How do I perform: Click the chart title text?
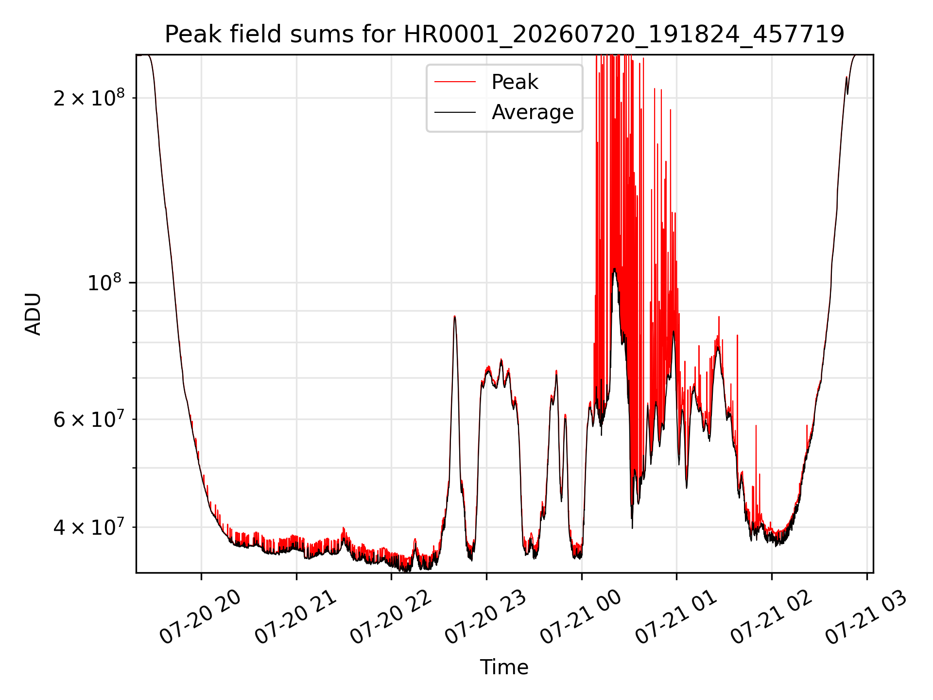click(x=504, y=35)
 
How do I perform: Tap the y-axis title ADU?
click(x=33, y=314)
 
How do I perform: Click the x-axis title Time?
click(x=504, y=667)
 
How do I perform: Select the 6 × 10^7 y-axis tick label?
click(x=89, y=419)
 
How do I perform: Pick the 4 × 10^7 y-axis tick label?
click(x=89, y=526)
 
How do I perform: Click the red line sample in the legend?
click(x=455, y=82)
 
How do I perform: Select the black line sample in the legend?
click(x=455, y=112)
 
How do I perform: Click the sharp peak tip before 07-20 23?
click(x=454, y=316)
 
